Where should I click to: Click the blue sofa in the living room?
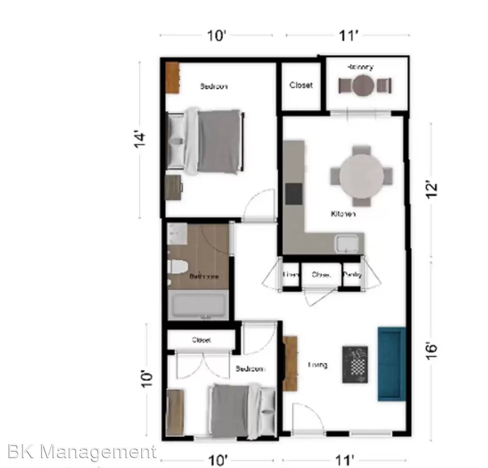[391, 364]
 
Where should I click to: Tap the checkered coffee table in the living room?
[355, 364]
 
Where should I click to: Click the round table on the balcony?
[363, 86]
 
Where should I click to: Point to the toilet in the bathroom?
[177, 266]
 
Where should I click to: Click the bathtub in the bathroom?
[198, 305]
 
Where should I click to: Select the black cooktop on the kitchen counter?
[294, 194]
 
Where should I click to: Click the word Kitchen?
[343, 214]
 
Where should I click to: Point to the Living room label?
[318, 365]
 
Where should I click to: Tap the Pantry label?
[352, 275]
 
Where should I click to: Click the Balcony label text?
[360, 67]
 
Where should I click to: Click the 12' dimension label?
[432, 191]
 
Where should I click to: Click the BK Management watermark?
[82, 452]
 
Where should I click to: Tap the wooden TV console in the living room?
[290, 364]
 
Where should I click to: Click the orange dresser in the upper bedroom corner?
[172, 78]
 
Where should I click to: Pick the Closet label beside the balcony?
[301, 85]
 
